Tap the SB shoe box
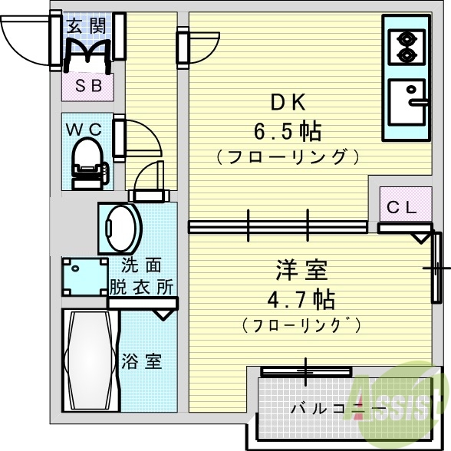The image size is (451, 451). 87,86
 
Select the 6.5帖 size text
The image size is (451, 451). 288,131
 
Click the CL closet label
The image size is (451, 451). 401,206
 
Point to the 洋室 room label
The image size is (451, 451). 301,270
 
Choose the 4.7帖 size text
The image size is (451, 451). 301,298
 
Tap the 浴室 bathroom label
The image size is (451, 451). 142,361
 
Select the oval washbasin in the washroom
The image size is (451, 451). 121,227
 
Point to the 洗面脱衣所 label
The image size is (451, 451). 142,277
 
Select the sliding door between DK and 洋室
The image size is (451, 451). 278,226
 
